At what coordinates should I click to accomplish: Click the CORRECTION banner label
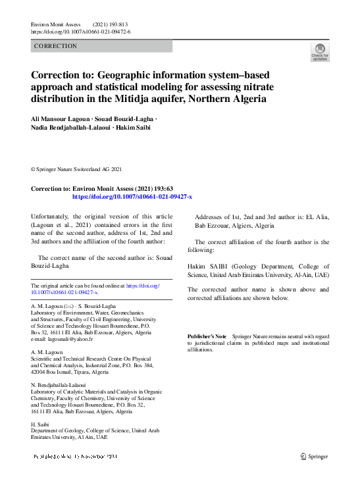[55, 46]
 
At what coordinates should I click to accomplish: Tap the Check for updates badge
[320, 53]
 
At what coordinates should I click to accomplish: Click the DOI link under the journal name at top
[80, 32]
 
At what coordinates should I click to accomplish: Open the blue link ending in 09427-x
[132, 197]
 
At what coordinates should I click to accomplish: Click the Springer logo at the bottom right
[314, 455]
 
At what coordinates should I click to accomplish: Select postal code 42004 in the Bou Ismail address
[41, 372]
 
